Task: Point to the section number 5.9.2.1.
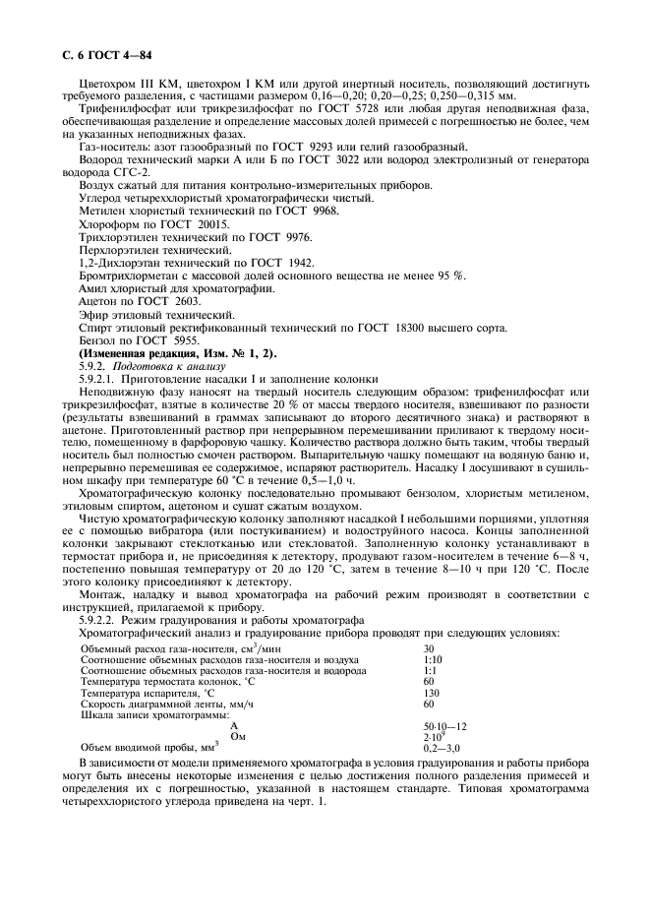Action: (x=98, y=379)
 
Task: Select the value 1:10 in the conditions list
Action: (x=433, y=659)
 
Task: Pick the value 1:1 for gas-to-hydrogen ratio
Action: (x=430, y=670)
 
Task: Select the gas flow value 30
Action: (x=429, y=648)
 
